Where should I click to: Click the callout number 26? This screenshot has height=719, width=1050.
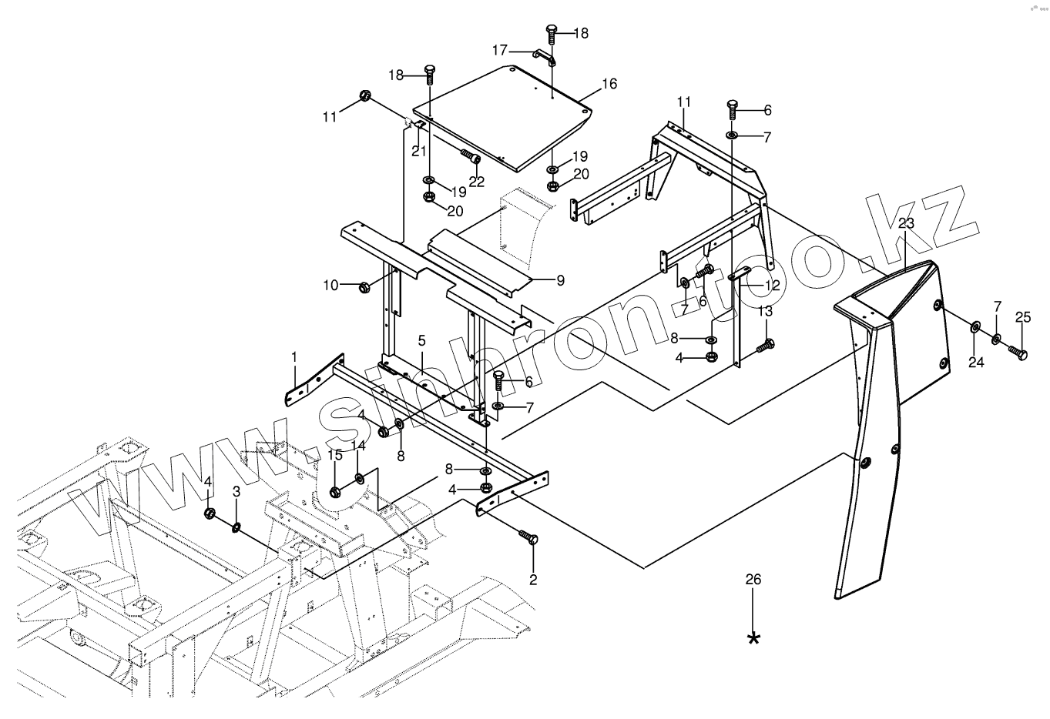[x=753, y=579]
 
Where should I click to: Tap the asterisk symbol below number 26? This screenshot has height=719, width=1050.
[x=753, y=638]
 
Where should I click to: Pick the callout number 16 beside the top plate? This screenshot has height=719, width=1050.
[x=609, y=84]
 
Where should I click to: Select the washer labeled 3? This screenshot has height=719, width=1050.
[x=237, y=527]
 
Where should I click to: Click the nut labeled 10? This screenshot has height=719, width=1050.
[x=364, y=287]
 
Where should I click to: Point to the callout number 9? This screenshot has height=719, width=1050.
[x=560, y=281]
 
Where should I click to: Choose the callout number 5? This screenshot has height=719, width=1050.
[x=422, y=339]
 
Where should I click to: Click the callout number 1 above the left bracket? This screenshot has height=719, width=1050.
[x=294, y=357]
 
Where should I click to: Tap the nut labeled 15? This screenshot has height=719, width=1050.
[x=335, y=492]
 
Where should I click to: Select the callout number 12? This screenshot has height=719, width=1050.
[x=772, y=285]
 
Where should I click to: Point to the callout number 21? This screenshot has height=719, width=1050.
[x=418, y=151]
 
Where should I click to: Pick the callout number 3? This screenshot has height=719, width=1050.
[x=237, y=490]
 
